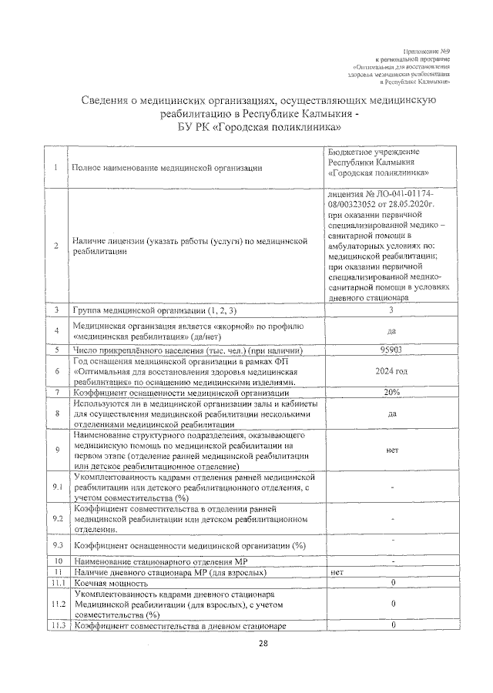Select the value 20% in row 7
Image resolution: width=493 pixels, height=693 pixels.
[391, 393]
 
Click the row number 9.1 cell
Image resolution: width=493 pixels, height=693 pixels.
[57, 488]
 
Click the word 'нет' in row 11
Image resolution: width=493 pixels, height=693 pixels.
[337, 574]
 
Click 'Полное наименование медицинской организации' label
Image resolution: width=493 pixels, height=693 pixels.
[166, 168]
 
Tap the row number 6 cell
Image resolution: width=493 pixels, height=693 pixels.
[57, 371]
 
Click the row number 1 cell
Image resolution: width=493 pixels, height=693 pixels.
[57, 168]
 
